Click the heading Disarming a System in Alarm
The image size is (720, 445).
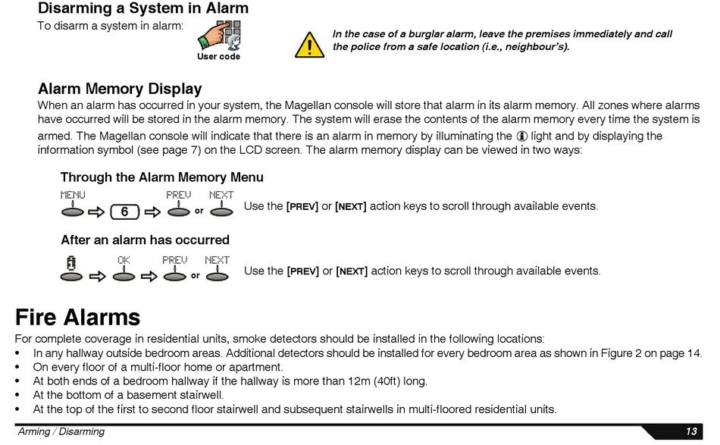[x=142, y=9]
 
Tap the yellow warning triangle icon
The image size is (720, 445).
[x=309, y=45]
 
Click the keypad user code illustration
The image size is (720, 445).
[x=221, y=35]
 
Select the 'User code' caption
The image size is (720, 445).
[x=218, y=57]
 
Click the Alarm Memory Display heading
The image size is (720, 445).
[x=120, y=89]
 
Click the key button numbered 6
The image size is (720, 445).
[x=124, y=212]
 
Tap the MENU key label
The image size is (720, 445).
[x=73, y=195]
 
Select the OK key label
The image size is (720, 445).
[x=124, y=259]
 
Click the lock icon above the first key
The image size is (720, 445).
[x=71, y=262]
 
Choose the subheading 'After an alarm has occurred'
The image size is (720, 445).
[x=145, y=240]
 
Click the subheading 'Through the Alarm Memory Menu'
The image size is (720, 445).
[x=162, y=177]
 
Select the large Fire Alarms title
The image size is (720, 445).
[x=77, y=317]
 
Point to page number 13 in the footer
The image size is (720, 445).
[x=691, y=431]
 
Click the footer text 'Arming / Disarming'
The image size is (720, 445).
[x=61, y=431]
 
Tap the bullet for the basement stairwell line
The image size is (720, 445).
[x=18, y=395]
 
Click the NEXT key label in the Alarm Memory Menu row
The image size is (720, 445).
[x=221, y=195]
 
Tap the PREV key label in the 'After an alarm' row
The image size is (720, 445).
[x=174, y=259]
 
